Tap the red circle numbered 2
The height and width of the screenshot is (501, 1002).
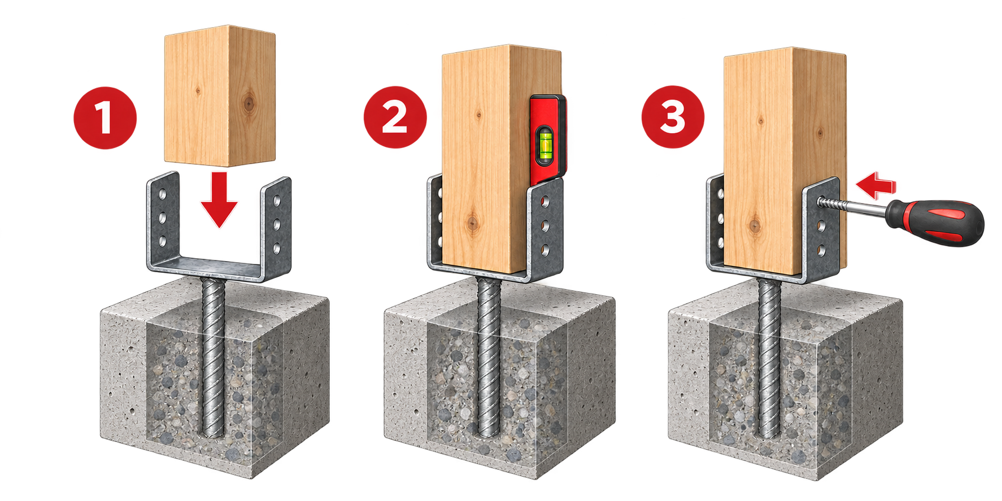point(395,117)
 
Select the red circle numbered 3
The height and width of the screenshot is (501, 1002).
point(673,117)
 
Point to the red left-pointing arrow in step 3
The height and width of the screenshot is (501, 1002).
point(875,186)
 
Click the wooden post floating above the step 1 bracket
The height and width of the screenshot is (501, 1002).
point(220,96)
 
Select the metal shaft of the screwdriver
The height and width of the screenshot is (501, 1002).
point(853,209)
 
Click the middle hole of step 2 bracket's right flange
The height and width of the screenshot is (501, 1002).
point(546,226)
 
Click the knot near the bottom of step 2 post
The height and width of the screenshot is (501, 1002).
point(472,223)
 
